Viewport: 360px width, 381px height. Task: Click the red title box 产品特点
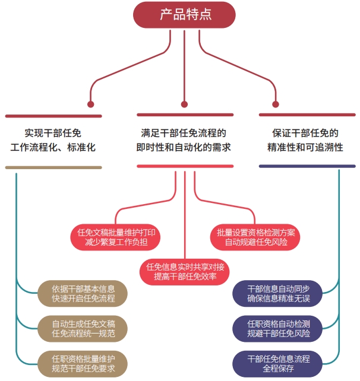[x=185, y=15]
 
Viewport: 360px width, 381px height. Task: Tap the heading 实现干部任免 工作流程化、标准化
[x=53, y=140]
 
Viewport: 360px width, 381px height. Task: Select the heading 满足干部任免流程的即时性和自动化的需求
[x=184, y=140]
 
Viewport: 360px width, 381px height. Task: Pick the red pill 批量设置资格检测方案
[x=255, y=236]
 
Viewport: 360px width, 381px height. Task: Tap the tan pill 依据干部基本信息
[x=83, y=293]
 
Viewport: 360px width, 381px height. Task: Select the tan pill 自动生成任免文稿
[x=83, y=328]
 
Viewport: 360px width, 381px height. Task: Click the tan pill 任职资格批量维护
[x=83, y=363]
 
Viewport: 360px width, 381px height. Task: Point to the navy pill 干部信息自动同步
[x=279, y=293]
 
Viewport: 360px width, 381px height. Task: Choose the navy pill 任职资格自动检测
[x=279, y=328]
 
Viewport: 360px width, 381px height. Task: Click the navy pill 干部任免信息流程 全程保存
[x=279, y=363]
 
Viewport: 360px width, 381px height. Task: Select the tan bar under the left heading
[x=53, y=167]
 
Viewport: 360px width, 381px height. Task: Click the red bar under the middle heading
[x=185, y=166]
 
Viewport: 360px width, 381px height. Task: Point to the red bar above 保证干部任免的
[x=307, y=115]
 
